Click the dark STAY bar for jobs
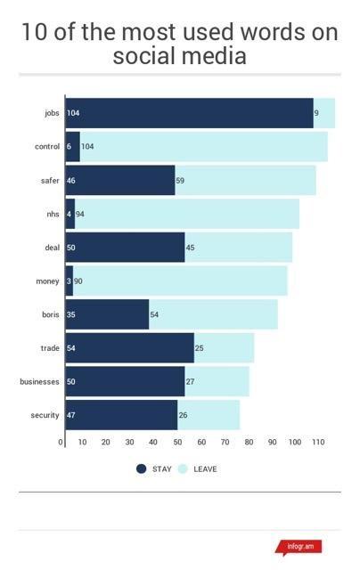point(189,113)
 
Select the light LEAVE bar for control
point(203,146)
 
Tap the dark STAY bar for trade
point(129,347)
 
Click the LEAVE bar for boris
point(213,314)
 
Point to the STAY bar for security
point(121,415)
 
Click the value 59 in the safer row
point(181,181)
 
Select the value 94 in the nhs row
point(81,215)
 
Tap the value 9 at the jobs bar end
point(316,113)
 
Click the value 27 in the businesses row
point(192,381)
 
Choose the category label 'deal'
point(52,248)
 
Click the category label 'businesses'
point(39,381)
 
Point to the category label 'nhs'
point(53,215)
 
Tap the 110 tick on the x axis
point(317,442)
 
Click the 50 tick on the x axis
point(178,442)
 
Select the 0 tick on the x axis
point(61,442)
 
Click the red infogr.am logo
point(298,546)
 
